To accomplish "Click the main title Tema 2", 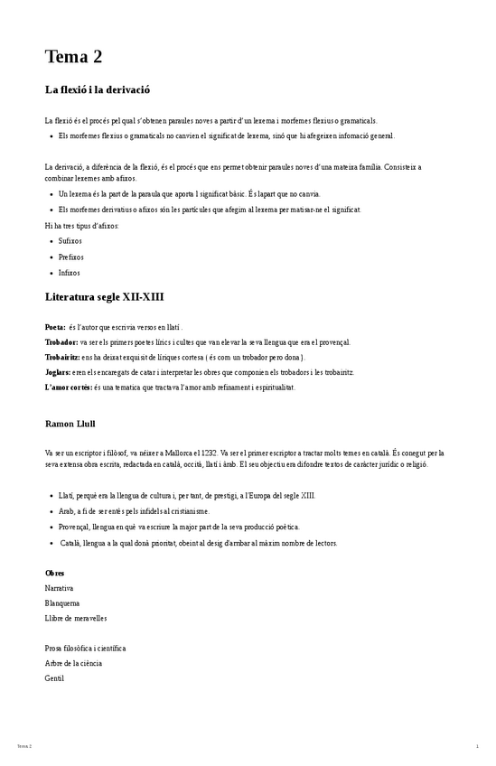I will [x=73, y=58].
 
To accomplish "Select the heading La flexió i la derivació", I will [x=97, y=89].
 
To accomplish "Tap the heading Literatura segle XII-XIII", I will [x=104, y=296].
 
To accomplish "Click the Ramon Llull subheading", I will [x=70, y=423].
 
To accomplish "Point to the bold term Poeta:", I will [x=55, y=327].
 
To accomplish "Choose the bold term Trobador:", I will [x=61, y=342].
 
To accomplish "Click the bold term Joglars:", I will [x=59, y=372].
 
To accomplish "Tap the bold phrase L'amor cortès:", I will [x=68, y=388].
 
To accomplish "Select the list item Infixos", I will [x=69, y=272].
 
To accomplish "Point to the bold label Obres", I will [x=54, y=573].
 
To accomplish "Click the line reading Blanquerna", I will [x=62, y=603].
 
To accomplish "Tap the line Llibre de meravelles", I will [x=76, y=618].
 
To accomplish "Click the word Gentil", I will [x=54, y=677].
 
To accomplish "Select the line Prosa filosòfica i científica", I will [x=85, y=648].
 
